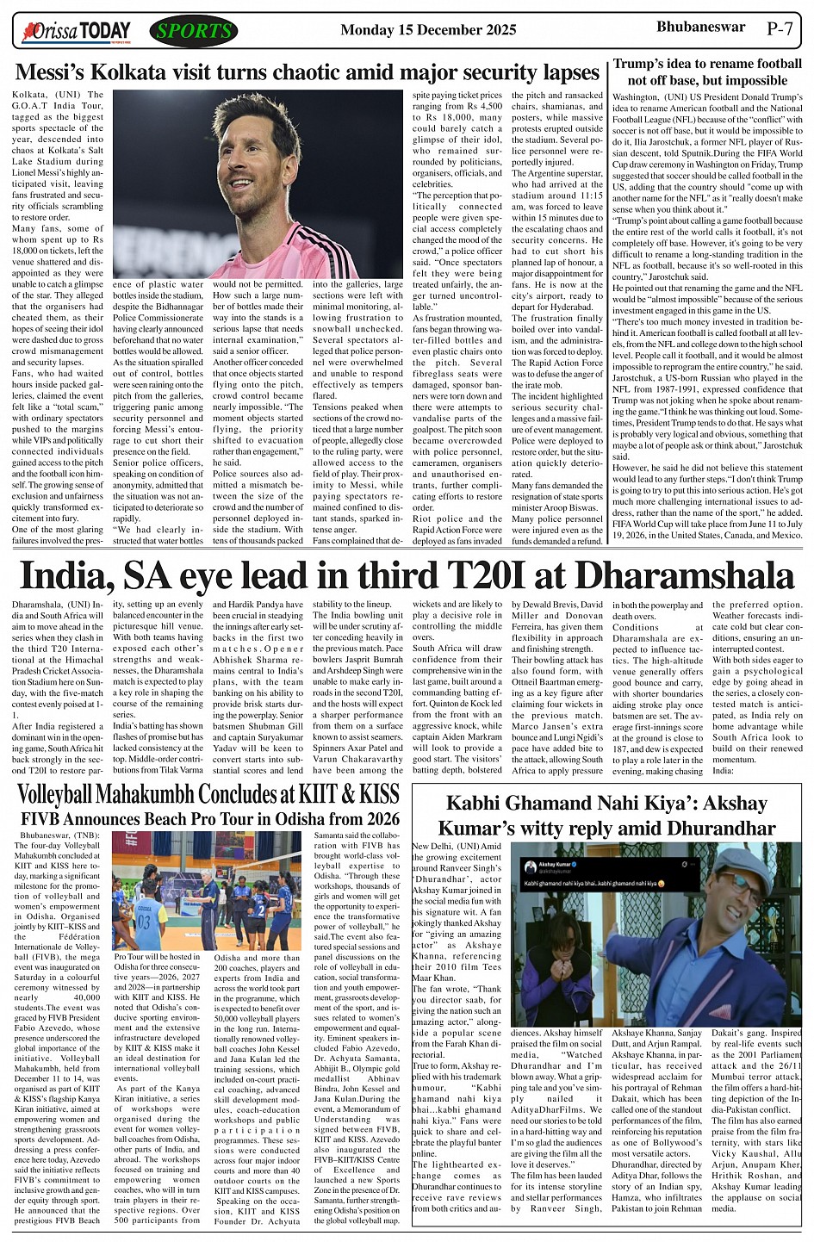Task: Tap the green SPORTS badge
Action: tap(193, 32)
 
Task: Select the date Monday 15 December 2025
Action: tap(428, 30)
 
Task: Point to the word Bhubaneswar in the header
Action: tap(700, 27)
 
